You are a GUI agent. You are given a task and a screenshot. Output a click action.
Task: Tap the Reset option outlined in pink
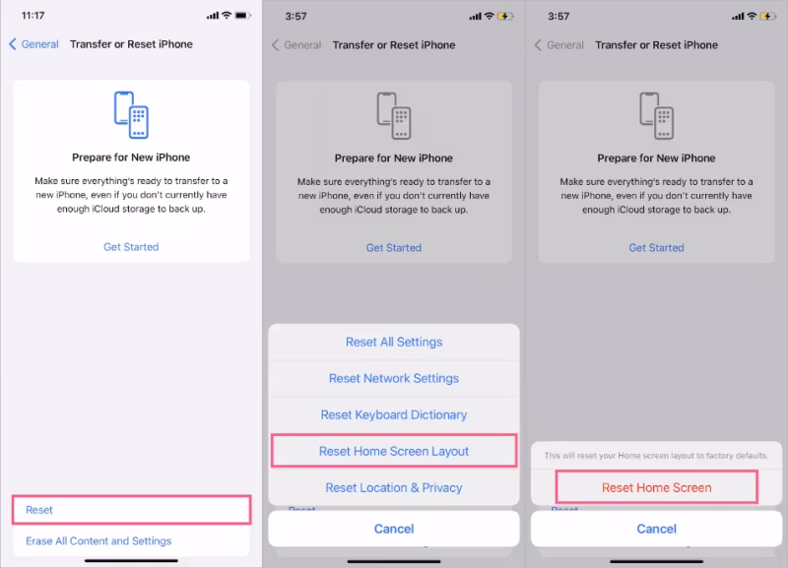click(x=39, y=510)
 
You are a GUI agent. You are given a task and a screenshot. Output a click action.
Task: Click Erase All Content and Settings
click(x=98, y=540)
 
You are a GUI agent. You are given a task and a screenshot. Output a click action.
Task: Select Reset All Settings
click(x=394, y=342)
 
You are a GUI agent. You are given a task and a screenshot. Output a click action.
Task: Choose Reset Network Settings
click(x=394, y=378)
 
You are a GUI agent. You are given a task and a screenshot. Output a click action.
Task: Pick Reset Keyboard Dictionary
click(x=394, y=414)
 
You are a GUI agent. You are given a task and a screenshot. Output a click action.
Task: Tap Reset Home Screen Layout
click(x=394, y=451)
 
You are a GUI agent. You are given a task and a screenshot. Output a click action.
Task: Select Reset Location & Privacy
click(x=394, y=487)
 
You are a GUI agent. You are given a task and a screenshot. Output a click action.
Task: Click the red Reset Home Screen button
click(x=657, y=487)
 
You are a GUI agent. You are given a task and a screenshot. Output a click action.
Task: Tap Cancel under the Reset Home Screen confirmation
click(x=657, y=529)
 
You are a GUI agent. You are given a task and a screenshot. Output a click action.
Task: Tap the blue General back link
click(x=34, y=44)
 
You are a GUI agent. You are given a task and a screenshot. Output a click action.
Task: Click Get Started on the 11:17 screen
click(x=131, y=247)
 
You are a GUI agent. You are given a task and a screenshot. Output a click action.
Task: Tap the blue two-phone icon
click(x=131, y=114)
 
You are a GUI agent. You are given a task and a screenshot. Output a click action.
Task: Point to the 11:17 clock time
click(x=33, y=16)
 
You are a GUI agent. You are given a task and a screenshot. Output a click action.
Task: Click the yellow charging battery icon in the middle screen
click(x=505, y=16)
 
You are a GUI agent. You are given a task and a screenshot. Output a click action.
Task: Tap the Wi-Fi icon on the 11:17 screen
click(x=227, y=15)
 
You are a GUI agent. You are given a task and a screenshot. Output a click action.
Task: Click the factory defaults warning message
click(x=657, y=456)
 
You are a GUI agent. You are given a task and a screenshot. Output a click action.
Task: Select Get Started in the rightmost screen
click(x=657, y=248)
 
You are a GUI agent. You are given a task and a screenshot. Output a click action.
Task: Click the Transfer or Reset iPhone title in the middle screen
click(x=394, y=45)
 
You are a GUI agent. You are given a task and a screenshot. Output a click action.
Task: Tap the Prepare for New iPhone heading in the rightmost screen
click(x=656, y=158)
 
